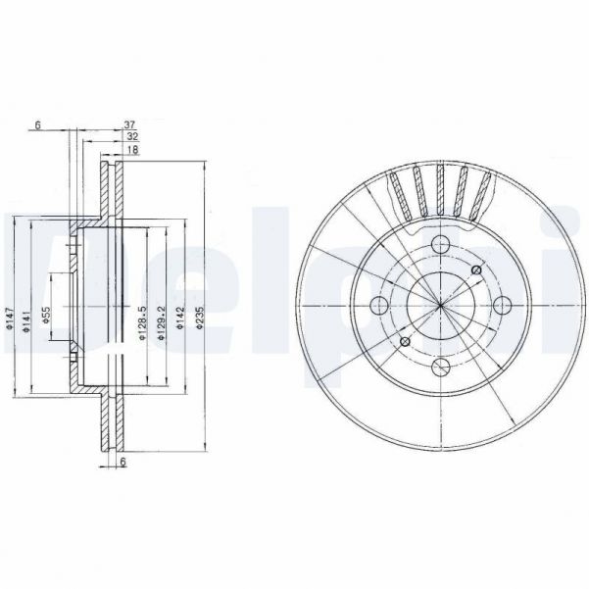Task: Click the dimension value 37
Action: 128,125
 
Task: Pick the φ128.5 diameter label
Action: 142,322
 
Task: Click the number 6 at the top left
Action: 36,125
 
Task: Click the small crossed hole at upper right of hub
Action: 476,270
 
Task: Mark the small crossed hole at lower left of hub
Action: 405,341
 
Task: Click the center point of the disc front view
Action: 441,306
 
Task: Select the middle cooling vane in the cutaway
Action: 441,191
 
